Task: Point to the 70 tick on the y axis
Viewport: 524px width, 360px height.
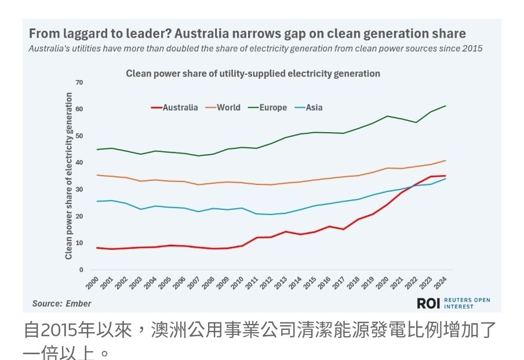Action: [x=79, y=83]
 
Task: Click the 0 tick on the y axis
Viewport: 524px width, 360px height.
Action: [x=81, y=270]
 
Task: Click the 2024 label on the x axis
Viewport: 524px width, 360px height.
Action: [x=441, y=283]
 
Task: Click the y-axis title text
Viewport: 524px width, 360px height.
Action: [x=69, y=176]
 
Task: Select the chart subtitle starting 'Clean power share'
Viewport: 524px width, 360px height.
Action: [x=253, y=74]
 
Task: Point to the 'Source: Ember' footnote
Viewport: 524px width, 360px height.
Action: [x=61, y=303]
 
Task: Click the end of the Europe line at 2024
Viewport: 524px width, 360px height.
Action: [x=445, y=106]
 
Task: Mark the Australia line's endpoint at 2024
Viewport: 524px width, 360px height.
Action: [x=445, y=176]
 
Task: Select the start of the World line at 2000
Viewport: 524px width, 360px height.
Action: [x=97, y=175]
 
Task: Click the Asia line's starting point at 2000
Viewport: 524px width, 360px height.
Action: [x=97, y=201]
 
